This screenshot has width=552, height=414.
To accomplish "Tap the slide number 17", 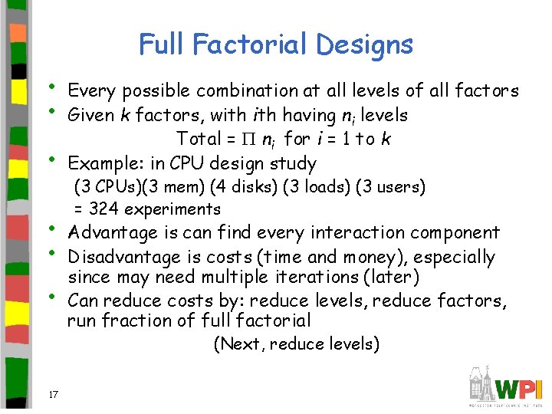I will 53,395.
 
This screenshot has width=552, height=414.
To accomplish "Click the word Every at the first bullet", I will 90,91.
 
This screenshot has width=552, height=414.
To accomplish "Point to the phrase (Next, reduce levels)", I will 296,344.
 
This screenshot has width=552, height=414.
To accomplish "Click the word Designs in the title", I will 364,44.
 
